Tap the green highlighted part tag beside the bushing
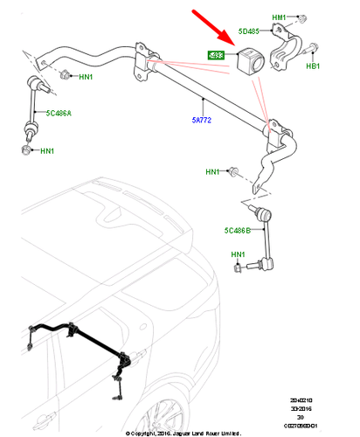click(214, 56)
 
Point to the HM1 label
click(279, 17)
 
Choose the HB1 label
click(310, 66)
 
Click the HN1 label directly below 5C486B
click(238, 255)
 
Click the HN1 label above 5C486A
click(86, 78)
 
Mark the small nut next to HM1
click(300, 18)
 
